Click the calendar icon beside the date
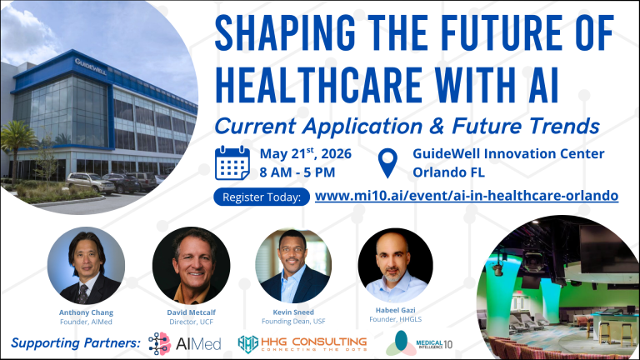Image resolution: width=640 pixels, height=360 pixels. [232, 162]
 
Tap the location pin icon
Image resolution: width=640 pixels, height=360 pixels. [387, 162]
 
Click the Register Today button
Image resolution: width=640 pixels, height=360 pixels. [261, 197]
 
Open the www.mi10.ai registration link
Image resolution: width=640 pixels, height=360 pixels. [467, 196]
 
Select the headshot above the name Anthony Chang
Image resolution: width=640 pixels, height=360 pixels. [86, 266]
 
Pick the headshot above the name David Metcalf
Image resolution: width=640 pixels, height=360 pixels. [191, 266]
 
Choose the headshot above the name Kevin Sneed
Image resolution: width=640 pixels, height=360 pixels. [293, 266]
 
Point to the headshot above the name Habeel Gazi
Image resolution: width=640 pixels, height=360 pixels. [396, 266]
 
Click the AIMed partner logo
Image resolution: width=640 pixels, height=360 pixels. [185, 343]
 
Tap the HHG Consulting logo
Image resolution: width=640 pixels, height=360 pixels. [302, 343]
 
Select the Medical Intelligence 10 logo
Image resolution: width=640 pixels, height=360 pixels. [419, 343]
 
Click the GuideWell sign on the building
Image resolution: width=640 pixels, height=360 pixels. [91, 67]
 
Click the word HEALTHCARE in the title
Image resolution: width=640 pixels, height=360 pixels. [319, 86]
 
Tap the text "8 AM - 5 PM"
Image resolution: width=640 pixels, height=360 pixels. [297, 172]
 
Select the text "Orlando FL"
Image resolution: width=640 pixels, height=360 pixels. [448, 172]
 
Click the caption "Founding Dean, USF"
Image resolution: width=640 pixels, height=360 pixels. [293, 321]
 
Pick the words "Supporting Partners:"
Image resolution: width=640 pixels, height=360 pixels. [76, 342]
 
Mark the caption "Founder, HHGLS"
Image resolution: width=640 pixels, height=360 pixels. [396, 319]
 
